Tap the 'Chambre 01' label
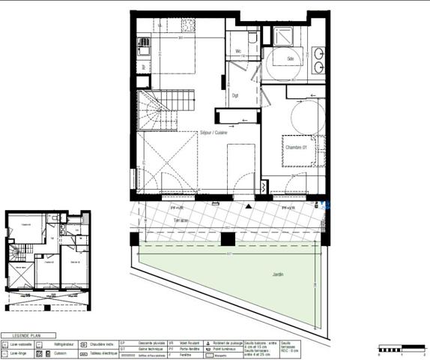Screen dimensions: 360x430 296,146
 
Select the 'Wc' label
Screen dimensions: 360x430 238,52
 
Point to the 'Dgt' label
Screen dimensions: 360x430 235,94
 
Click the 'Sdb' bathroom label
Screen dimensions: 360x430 291,58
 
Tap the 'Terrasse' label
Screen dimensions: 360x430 157,219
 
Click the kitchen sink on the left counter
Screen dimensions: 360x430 142,44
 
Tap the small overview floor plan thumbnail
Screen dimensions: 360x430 47,261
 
